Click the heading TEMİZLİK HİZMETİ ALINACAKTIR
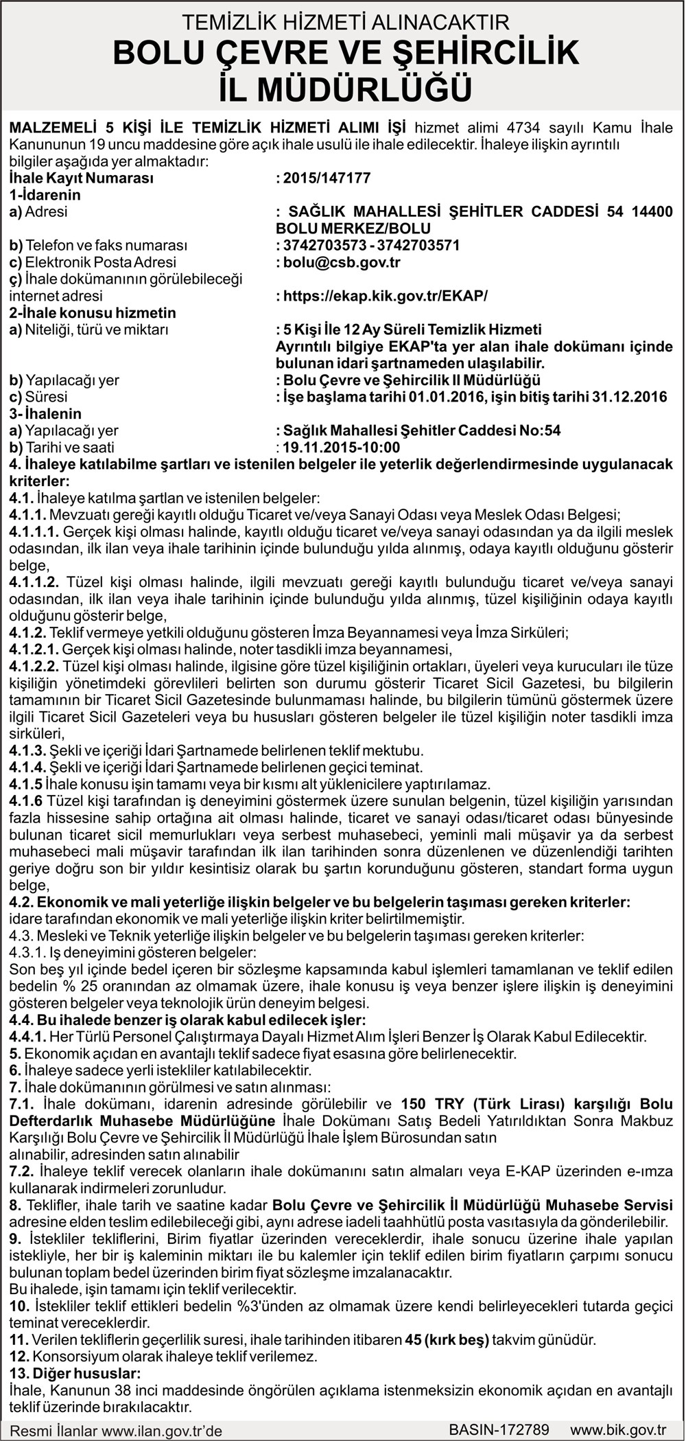coord(345,23)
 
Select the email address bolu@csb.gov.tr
coord(341,262)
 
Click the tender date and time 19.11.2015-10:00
coord(341,448)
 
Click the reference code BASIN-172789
coord(499,1429)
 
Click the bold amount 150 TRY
coord(423,1104)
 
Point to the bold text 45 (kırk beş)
coord(447,1339)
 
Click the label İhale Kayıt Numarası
coord(81,178)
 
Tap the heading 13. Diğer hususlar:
coord(75,1373)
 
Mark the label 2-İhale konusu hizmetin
coord(93,313)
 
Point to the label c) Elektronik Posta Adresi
coord(93,262)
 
